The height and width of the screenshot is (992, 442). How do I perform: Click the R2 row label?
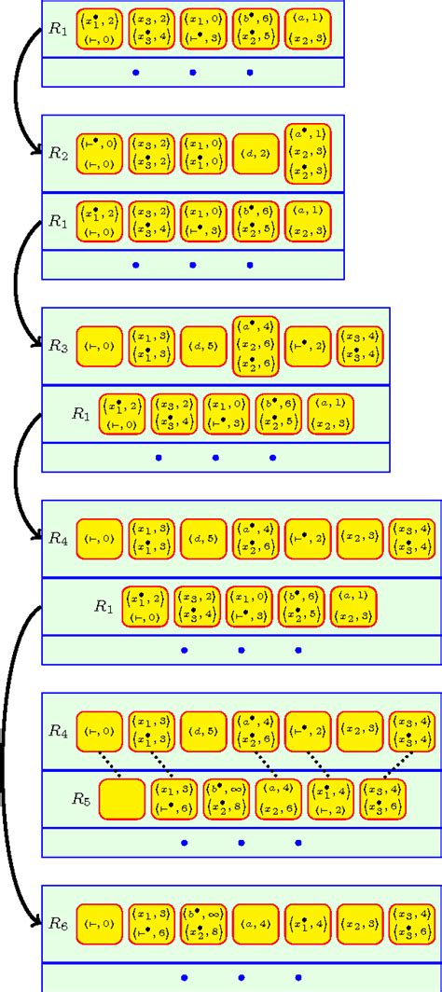(x=58, y=153)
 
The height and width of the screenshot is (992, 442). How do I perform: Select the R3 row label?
(x=58, y=344)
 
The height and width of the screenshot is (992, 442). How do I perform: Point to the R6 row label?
(x=58, y=922)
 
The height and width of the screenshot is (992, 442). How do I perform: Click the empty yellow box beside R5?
(x=121, y=799)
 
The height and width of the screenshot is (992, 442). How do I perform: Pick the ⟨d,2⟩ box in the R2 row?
(x=256, y=154)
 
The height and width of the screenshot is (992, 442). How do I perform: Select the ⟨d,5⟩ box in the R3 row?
(x=203, y=345)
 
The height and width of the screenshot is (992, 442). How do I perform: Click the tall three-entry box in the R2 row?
(x=308, y=154)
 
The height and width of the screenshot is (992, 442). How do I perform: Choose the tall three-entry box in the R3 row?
(x=256, y=345)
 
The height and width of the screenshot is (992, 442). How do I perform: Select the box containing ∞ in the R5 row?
(x=227, y=799)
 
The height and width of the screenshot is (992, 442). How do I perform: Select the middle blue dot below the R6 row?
(x=242, y=978)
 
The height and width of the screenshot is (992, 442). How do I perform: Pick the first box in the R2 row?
(x=98, y=154)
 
